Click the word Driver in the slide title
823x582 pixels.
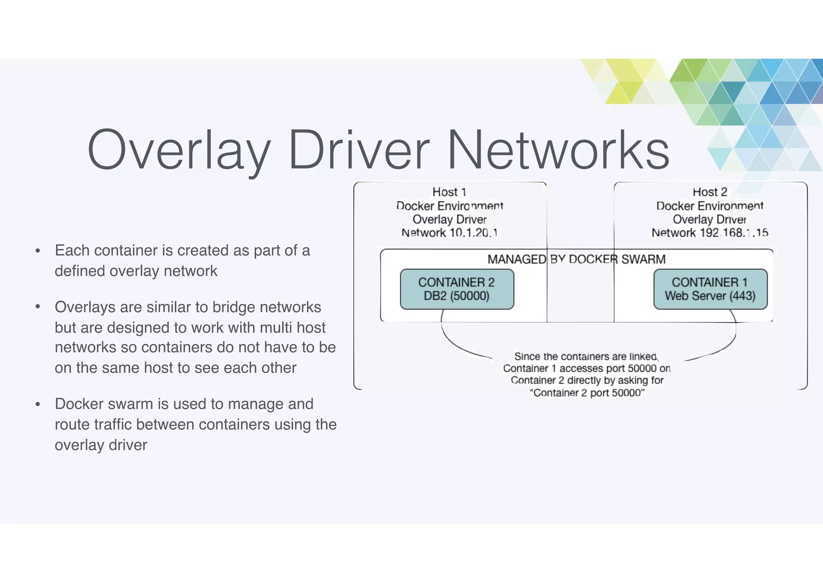359,150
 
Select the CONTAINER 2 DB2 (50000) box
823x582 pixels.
457,289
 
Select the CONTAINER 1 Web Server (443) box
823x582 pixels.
710,289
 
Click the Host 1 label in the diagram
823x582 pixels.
449,192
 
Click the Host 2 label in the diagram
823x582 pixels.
710,192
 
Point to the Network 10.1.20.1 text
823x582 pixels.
449,233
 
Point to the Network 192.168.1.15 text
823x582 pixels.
710,233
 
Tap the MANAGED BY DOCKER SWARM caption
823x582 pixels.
576,259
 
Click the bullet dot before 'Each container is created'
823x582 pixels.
38,251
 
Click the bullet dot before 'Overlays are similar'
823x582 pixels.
38,307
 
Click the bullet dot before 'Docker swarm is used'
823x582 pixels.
38,404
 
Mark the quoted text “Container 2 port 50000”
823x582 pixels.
587,393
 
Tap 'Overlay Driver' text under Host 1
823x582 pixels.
449,219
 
